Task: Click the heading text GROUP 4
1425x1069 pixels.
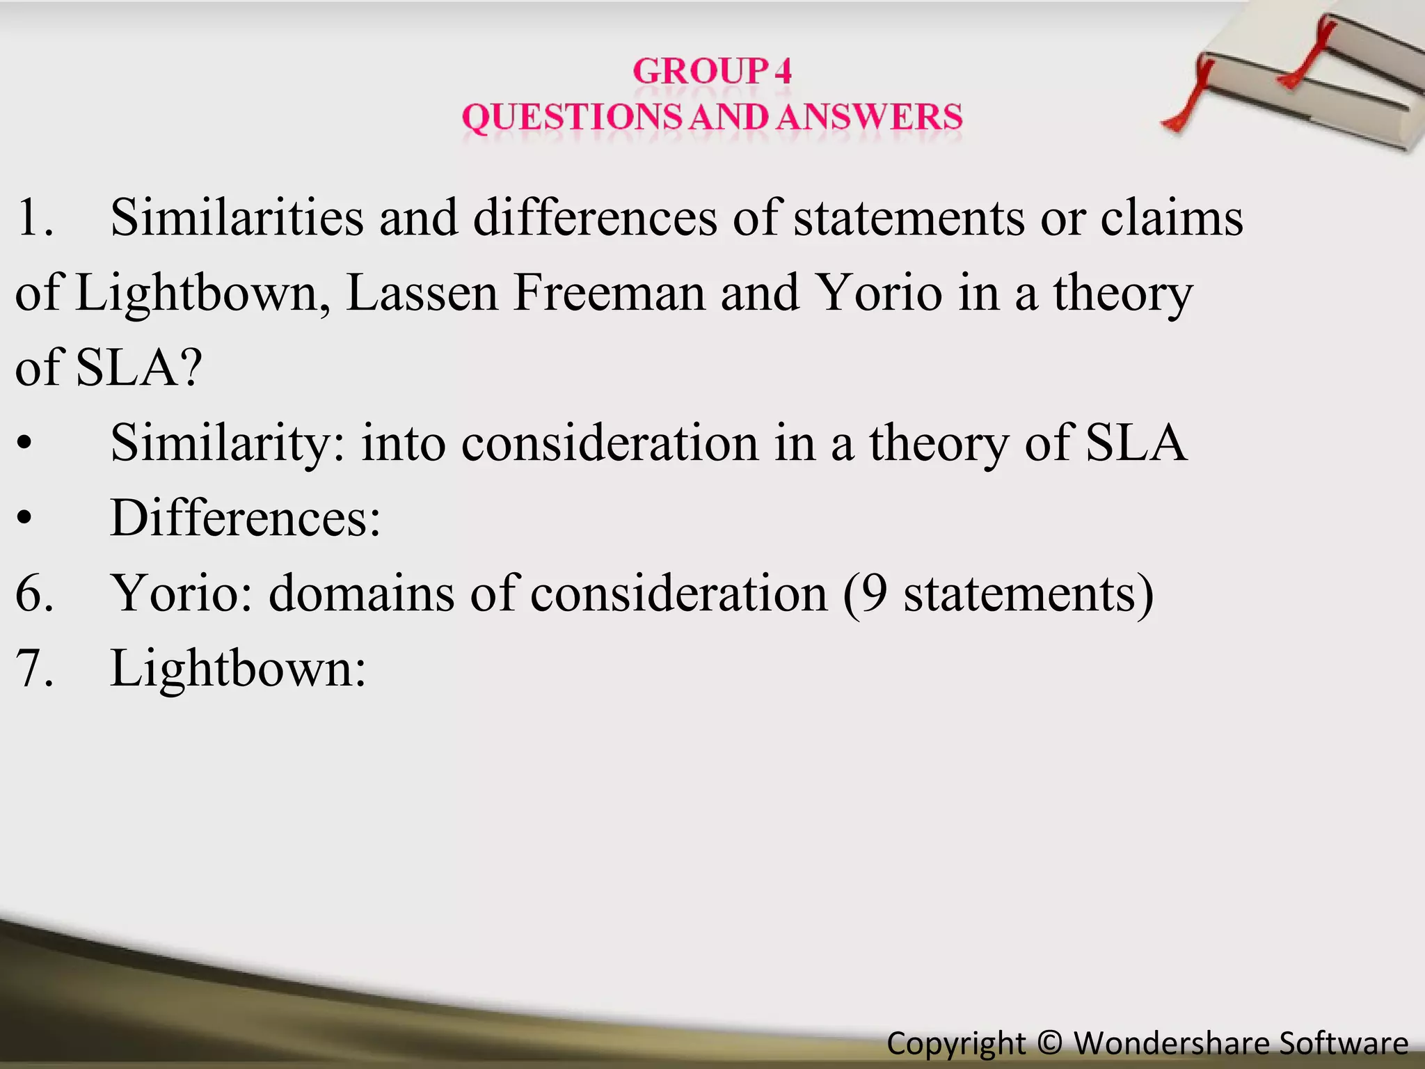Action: (712, 71)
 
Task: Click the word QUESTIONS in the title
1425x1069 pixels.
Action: (571, 117)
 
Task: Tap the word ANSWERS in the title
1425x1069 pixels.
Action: (869, 117)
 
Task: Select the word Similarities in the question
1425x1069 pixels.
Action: (237, 218)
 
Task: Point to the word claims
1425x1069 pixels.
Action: (1172, 218)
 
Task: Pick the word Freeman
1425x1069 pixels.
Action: (610, 293)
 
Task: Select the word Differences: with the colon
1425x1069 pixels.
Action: (245, 518)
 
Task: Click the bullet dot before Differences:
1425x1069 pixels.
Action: (25, 518)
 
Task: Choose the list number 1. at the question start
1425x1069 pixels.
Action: (34, 218)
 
